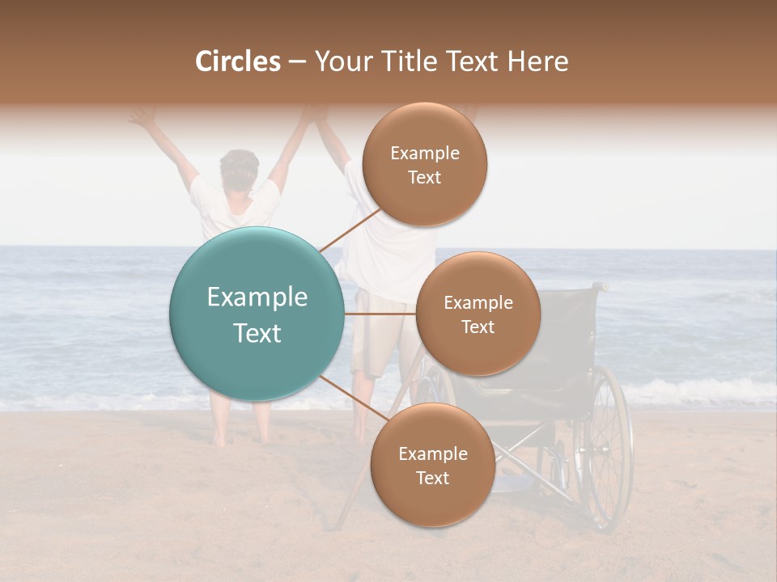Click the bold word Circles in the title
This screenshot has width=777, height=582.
237,61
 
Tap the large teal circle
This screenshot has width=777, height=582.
257,314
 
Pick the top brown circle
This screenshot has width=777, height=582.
425,165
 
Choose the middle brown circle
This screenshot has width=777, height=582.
478,314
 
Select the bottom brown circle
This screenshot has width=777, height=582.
432,466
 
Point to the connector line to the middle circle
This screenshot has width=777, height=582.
380,314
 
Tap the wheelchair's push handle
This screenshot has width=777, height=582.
599,286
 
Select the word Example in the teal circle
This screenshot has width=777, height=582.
257,297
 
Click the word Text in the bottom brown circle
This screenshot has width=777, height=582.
432,479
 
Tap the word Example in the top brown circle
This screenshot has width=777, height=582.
425,153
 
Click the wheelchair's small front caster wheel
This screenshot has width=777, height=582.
558,469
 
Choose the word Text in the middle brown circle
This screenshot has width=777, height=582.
478,327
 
